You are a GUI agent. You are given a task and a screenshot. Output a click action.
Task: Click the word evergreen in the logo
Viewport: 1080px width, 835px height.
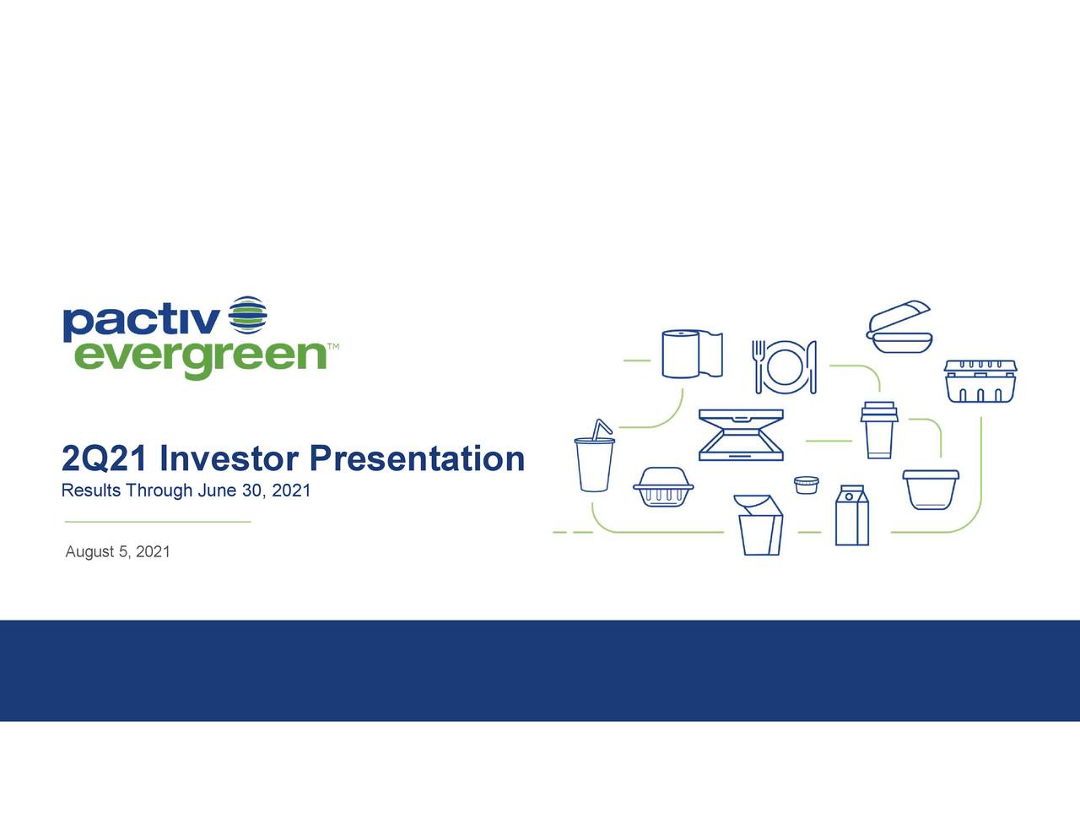tap(199, 359)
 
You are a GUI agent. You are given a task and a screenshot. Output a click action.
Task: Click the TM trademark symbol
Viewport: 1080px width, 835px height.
tap(333, 347)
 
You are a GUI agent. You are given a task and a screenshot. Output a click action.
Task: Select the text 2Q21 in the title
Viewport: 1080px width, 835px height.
tap(105, 459)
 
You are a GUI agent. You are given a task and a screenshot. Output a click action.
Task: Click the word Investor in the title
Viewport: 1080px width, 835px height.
tap(228, 459)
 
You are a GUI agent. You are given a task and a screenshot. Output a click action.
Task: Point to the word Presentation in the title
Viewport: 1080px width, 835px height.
tap(417, 459)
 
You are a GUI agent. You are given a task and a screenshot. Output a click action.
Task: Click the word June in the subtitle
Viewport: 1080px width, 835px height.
tap(217, 491)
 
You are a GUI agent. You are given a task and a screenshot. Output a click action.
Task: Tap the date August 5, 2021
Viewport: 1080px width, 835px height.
tap(117, 551)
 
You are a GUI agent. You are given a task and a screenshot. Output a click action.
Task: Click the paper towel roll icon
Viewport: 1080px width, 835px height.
tap(692, 354)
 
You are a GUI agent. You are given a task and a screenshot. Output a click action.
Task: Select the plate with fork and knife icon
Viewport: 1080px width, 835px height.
tap(785, 366)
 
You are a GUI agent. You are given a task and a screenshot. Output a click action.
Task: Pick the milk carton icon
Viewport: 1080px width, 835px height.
tap(850, 517)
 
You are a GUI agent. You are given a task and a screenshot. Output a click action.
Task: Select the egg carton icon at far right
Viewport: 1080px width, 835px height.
tap(980, 382)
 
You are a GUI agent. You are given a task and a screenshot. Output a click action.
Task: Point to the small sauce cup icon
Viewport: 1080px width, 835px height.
tap(806, 485)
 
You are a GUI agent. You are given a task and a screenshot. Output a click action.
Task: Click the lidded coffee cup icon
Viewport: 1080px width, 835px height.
tap(878, 431)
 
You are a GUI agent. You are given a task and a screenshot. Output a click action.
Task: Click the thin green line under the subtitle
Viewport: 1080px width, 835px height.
tap(157, 522)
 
